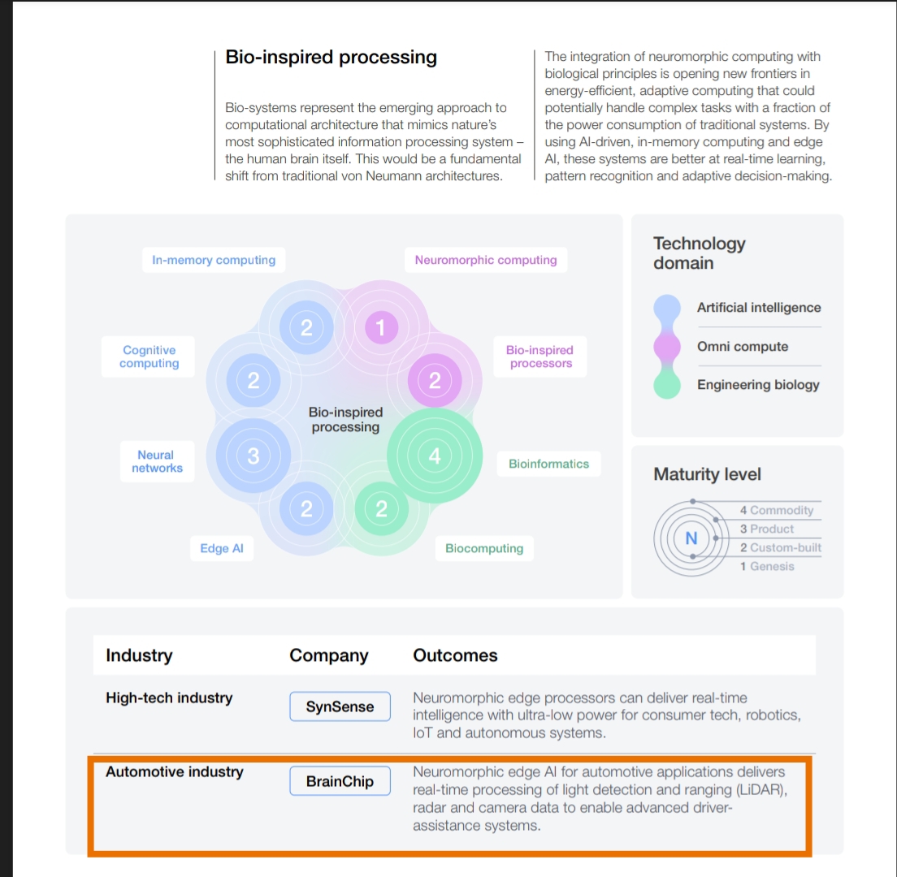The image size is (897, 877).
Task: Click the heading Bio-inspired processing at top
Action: (x=331, y=58)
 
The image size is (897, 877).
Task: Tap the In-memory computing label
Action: (x=214, y=261)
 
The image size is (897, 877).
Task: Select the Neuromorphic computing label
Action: (x=486, y=261)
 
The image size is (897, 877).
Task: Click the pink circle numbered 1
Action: (x=381, y=328)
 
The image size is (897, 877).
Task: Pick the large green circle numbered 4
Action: (x=435, y=456)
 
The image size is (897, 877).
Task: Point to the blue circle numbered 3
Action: (x=253, y=456)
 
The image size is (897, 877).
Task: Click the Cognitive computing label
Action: (x=149, y=356)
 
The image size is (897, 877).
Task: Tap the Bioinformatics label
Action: (x=548, y=464)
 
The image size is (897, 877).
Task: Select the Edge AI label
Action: (x=222, y=549)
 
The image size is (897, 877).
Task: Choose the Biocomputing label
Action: (x=484, y=549)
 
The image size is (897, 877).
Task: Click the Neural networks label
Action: (x=157, y=461)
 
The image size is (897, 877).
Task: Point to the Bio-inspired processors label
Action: (x=540, y=356)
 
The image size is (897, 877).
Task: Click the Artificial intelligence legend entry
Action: (x=758, y=308)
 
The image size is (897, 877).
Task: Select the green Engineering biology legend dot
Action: (x=667, y=385)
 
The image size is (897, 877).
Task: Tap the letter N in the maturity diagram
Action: (x=691, y=538)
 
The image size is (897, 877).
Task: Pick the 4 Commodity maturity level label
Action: (x=776, y=510)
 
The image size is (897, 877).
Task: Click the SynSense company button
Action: (x=340, y=706)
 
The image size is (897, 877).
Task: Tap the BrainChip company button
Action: (x=340, y=781)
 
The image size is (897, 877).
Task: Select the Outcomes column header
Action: (x=455, y=655)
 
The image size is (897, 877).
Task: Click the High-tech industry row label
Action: (x=169, y=698)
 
